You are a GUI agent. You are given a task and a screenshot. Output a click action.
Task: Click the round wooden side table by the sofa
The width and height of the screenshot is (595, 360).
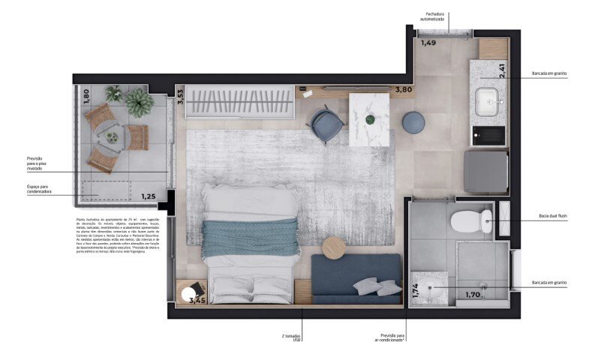point(334,247)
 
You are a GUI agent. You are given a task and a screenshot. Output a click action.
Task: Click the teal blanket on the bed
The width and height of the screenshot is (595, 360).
point(251,238)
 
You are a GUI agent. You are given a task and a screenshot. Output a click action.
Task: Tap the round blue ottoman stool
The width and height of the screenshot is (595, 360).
point(413,122)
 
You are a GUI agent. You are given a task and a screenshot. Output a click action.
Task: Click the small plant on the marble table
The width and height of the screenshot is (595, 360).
point(369,119)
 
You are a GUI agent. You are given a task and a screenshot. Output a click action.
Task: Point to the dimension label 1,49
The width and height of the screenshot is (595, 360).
point(428,43)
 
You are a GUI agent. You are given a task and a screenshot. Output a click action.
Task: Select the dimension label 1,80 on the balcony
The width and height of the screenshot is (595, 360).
point(86,95)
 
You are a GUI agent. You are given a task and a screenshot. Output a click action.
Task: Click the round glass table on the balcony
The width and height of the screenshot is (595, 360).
point(112,137)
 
